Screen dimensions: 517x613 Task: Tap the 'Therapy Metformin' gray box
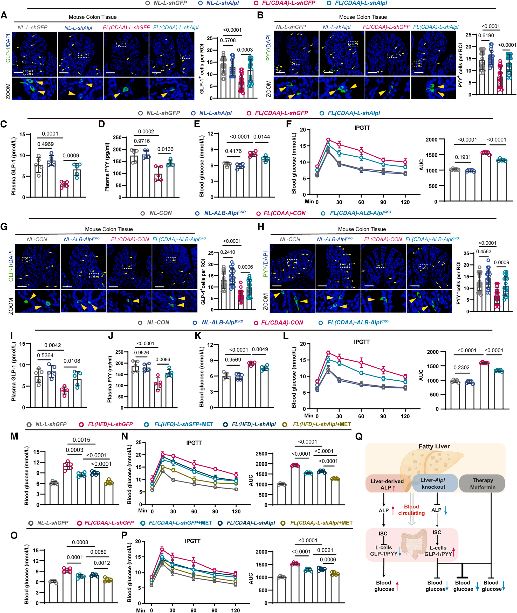pos(482,484)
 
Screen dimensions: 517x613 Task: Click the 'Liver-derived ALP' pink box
pos(387,484)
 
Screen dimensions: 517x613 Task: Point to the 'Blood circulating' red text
pos(411,510)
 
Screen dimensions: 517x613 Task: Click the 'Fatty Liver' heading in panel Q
pos(434,447)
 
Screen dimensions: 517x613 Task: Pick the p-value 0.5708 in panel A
pos(228,40)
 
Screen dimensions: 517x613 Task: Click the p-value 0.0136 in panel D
pos(165,149)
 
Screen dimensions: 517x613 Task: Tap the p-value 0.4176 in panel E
pos(233,151)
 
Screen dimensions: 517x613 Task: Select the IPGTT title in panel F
pos(362,128)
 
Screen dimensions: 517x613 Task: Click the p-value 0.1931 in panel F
pos(463,157)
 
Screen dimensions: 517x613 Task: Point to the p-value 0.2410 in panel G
pos(228,252)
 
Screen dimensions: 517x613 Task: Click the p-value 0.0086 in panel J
pos(163,360)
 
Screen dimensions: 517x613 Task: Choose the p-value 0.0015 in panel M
pos(81,440)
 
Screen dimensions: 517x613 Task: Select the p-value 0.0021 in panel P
pos(325,550)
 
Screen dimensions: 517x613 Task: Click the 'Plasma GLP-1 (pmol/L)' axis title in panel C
pos(13,166)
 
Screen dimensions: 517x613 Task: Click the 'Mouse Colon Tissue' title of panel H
pos(362,229)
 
